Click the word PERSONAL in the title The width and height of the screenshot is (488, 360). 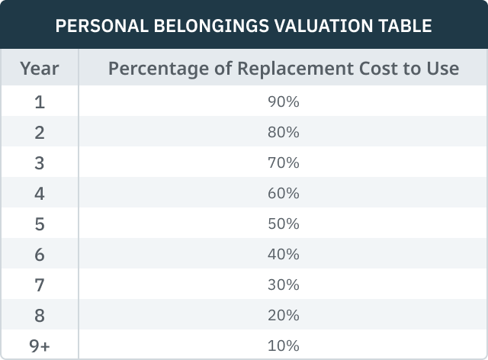click(x=95, y=26)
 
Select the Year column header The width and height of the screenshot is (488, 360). click(x=40, y=69)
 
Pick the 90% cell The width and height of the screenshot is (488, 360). click(x=284, y=102)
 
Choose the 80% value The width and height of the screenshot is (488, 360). click(x=284, y=133)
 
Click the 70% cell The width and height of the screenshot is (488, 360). click(x=284, y=163)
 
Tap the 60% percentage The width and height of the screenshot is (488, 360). click(x=284, y=194)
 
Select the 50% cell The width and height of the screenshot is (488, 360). click(x=284, y=223)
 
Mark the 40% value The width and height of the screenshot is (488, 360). click(x=284, y=254)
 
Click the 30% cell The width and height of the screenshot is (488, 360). click(x=284, y=284)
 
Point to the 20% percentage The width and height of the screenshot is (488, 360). click(x=284, y=315)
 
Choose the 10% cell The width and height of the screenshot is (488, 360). click(x=284, y=346)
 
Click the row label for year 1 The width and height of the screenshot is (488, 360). click(x=40, y=102)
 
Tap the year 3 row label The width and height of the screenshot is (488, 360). click(x=40, y=163)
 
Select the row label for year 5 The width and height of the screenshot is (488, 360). click(x=40, y=223)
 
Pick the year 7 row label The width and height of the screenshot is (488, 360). click(x=40, y=284)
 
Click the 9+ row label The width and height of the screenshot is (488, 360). click(x=40, y=346)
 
